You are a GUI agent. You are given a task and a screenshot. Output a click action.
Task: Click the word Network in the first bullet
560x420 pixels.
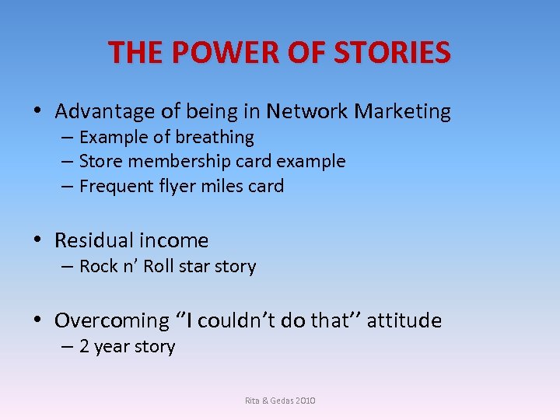[x=307, y=112]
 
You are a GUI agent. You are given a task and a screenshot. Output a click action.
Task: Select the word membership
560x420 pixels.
[x=184, y=162]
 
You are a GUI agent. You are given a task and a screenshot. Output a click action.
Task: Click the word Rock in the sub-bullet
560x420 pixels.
[x=98, y=267]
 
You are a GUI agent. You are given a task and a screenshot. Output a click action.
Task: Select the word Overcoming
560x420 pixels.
[x=112, y=321]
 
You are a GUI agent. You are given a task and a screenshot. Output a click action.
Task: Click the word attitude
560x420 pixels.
[x=404, y=320]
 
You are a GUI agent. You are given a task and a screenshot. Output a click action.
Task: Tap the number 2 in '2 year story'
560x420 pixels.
[x=85, y=347]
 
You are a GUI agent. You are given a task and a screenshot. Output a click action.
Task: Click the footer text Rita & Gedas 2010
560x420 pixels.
[x=280, y=401]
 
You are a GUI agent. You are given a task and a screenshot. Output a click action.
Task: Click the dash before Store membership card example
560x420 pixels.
[x=66, y=162]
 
